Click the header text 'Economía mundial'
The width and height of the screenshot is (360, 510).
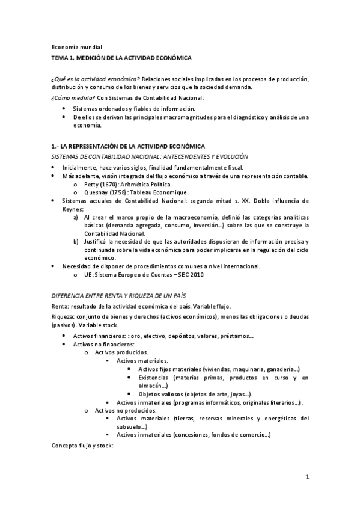(76, 46)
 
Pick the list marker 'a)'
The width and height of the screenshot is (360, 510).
(76, 217)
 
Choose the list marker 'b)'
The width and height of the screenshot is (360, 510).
(76, 242)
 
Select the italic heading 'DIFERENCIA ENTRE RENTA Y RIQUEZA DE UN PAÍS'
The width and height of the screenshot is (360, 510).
(118, 296)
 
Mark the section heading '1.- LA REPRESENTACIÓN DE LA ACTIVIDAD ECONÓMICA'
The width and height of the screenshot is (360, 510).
(127, 147)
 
